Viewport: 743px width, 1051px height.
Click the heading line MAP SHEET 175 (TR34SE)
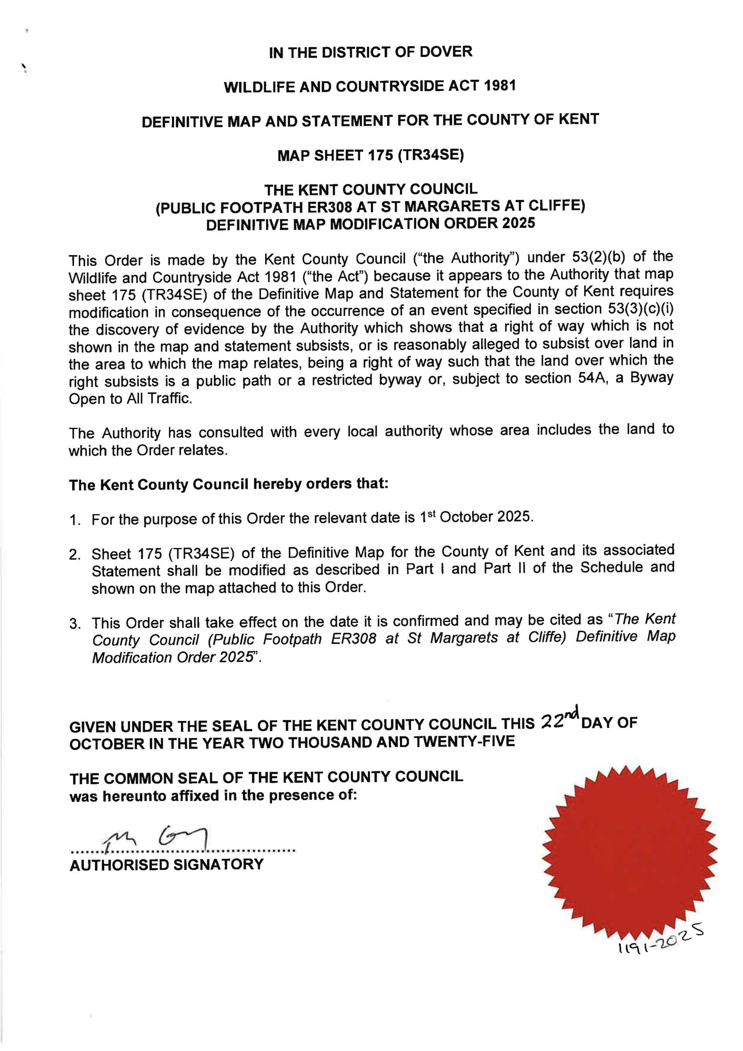(370, 155)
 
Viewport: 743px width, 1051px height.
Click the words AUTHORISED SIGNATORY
(167, 865)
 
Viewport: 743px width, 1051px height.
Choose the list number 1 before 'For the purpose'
(75, 521)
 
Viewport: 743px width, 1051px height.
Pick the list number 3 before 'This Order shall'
(75, 624)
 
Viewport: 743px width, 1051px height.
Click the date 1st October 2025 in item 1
(476, 517)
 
